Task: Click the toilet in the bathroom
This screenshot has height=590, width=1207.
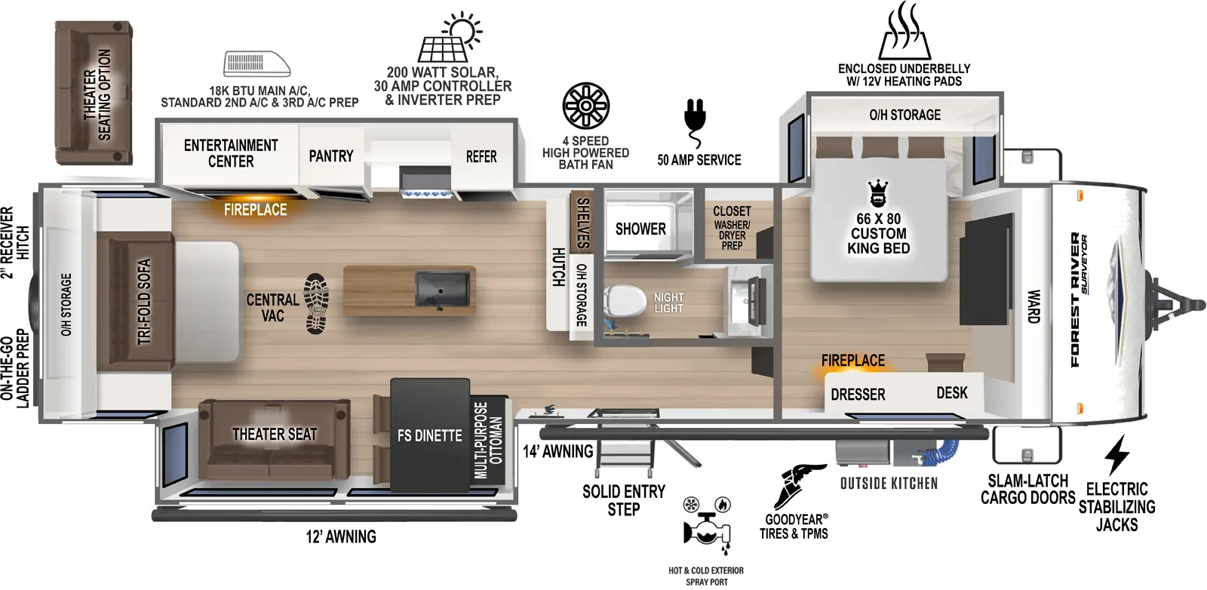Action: [625, 300]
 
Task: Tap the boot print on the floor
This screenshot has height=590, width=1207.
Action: [316, 303]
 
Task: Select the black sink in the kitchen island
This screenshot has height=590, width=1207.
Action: [442, 290]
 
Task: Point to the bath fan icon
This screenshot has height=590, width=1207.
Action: [585, 106]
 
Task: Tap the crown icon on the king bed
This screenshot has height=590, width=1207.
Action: [878, 194]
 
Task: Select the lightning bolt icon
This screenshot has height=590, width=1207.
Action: [1116, 455]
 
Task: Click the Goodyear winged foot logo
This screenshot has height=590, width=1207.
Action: [799, 485]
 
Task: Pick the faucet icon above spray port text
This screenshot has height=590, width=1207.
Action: [706, 526]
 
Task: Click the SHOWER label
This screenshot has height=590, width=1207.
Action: [640, 229]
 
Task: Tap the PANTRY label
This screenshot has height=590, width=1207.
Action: [331, 156]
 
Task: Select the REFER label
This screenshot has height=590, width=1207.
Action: [481, 157]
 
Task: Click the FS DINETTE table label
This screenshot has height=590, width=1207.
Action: [429, 435]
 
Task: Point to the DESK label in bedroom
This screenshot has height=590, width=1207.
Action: [951, 393]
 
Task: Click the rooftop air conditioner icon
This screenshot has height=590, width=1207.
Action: [257, 63]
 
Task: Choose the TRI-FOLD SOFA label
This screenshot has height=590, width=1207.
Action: [144, 301]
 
